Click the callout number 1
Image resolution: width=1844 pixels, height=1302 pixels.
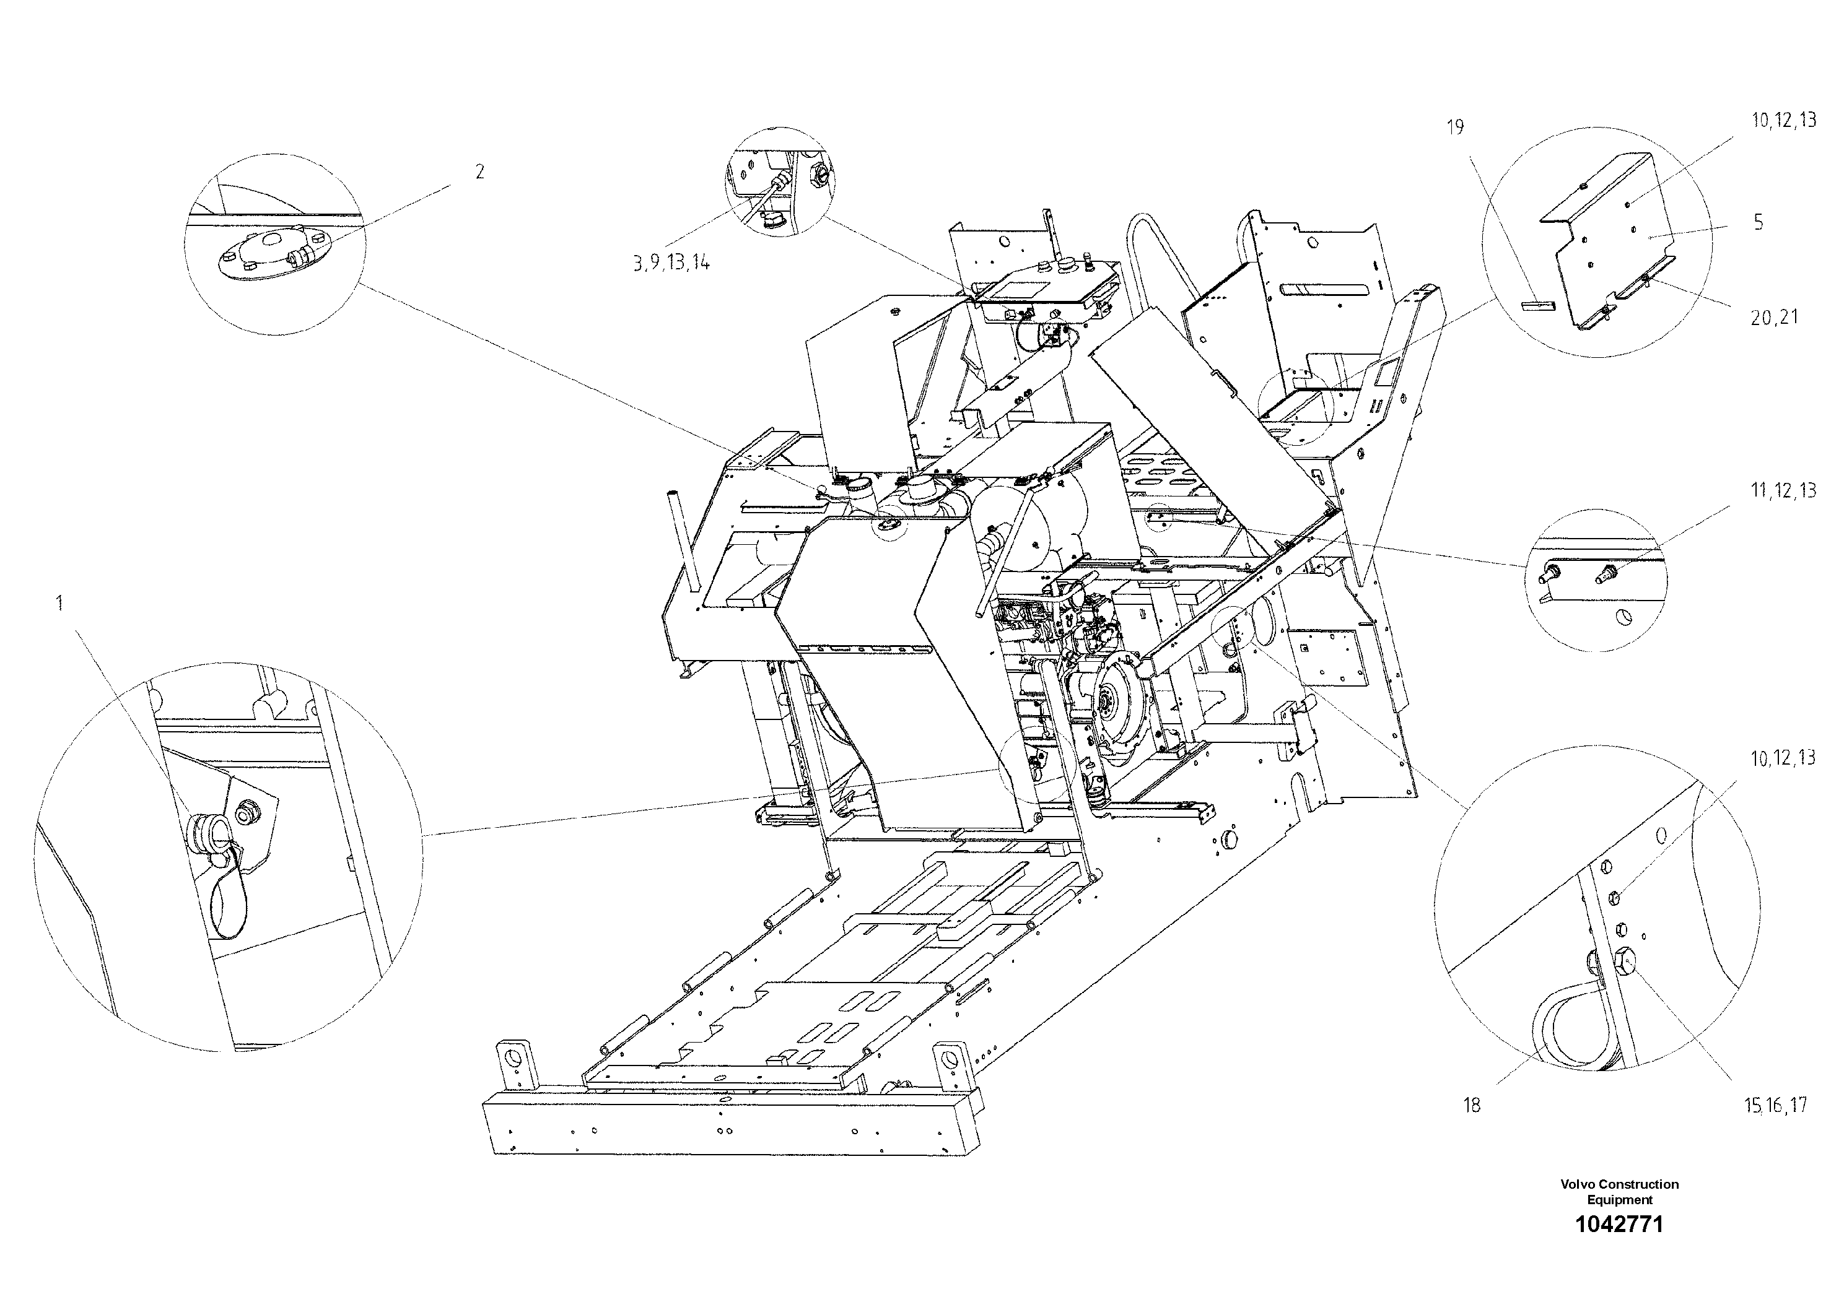[59, 603]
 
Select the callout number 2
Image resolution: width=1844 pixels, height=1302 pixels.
[479, 171]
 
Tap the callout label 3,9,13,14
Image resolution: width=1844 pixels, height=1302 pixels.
[671, 263]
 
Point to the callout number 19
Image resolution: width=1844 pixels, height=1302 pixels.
[1455, 127]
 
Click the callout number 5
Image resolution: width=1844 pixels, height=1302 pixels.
[1758, 222]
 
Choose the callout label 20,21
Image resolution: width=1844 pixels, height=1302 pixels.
[1774, 318]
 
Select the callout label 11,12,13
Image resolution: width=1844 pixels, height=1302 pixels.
[1783, 490]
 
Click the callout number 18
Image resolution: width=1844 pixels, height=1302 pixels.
[1471, 1105]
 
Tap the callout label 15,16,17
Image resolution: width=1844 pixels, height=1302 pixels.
[1775, 1105]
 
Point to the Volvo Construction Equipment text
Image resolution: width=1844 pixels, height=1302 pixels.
[1619, 1191]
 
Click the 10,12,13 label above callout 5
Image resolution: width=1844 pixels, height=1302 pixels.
[1783, 120]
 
